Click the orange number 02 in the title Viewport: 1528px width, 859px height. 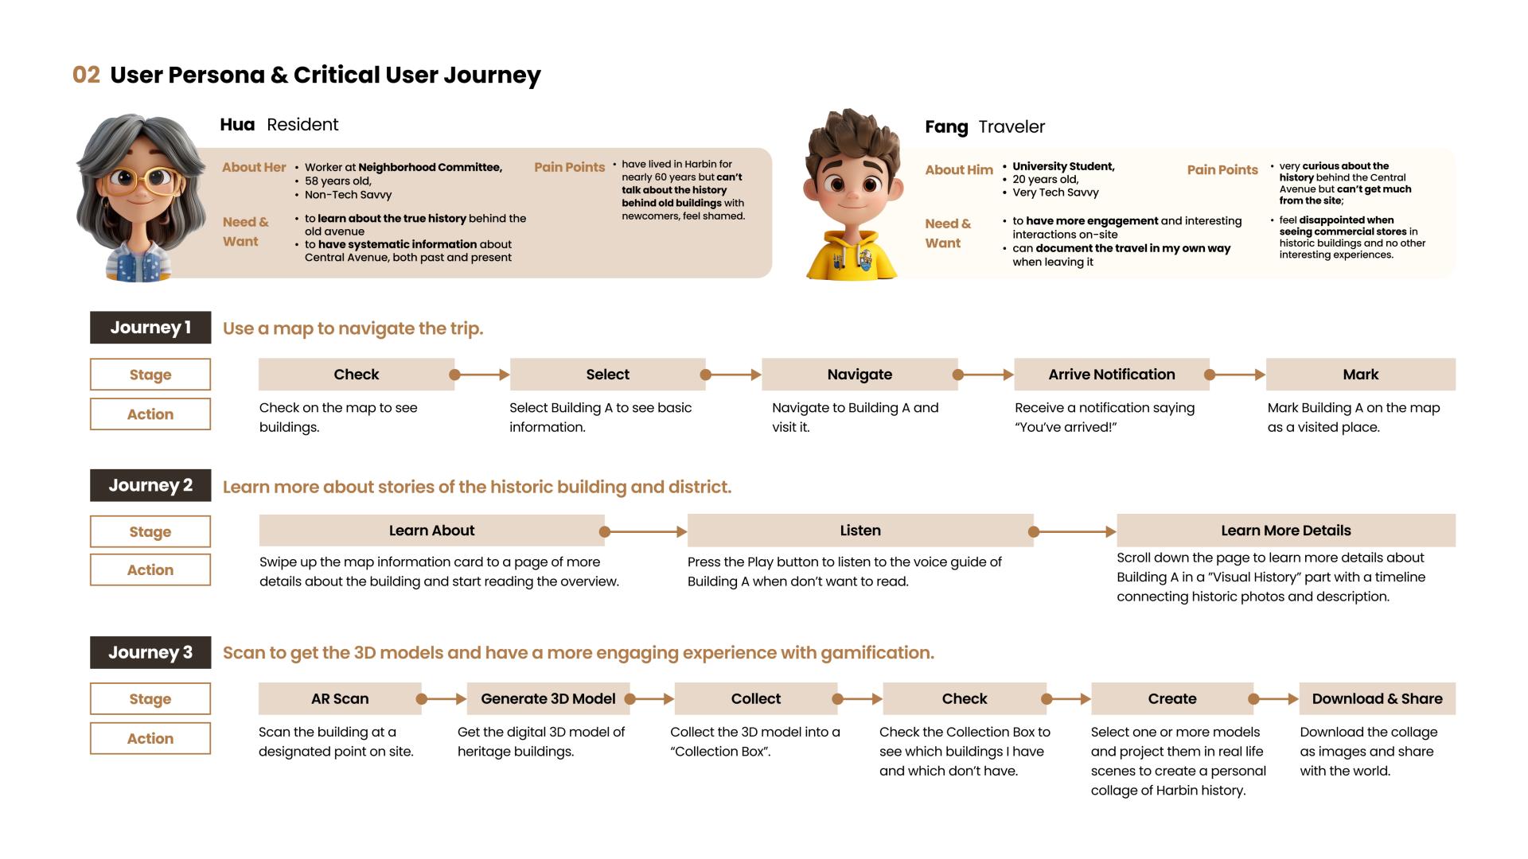[86, 75]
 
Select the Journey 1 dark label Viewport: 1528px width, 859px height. [150, 328]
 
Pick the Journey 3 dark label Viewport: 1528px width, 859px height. [150, 652]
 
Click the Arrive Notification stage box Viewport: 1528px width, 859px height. [1111, 375]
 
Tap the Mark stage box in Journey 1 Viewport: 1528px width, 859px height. [1360, 375]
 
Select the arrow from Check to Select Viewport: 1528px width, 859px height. [481, 375]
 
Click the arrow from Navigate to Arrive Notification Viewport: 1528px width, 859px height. [985, 375]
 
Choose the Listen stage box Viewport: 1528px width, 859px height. [860, 531]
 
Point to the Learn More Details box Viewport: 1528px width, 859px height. [1285, 531]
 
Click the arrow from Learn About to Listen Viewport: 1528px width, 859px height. [645, 531]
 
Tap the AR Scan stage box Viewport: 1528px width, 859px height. [340, 699]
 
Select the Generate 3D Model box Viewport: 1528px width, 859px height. [548, 699]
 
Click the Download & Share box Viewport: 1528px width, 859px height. [1377, 699]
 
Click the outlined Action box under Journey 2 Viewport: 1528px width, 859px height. [150, 570]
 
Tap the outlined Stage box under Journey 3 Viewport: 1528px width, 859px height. [150, 699]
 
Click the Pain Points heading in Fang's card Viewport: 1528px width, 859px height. [1222, 170]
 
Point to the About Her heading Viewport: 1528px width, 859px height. [254, 167]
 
